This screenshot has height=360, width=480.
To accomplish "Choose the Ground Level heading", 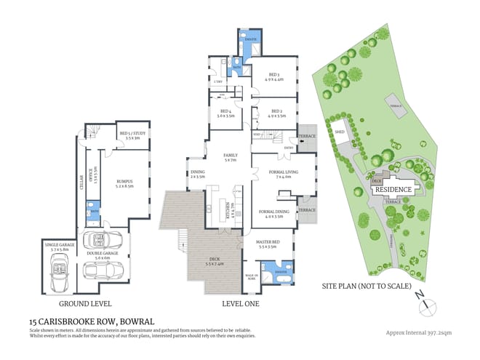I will (85, 303).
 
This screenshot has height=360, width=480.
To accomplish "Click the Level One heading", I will (240, 303).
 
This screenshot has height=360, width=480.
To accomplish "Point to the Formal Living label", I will (279, 174).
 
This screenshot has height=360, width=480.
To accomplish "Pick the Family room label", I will (230, 158).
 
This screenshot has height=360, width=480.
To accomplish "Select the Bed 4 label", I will (225, 113).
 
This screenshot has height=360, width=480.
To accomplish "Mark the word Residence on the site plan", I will (393, 189).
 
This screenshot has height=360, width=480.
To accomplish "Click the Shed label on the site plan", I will (340, 132).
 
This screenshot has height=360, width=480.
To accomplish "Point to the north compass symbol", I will (423, 297).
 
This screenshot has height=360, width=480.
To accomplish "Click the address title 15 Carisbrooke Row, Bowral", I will (92, 320).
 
